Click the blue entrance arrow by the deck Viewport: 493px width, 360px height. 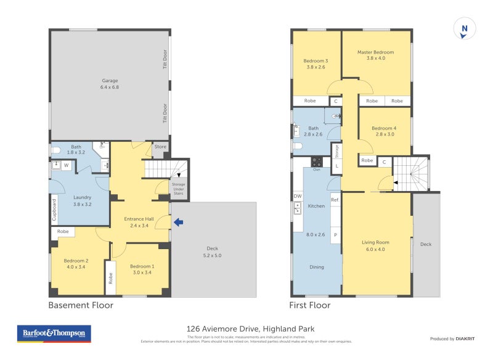click(178, 223)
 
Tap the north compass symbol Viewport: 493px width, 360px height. click(464, 29)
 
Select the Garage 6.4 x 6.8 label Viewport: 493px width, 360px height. click(110, 84)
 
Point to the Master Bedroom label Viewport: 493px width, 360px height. click(375, 55)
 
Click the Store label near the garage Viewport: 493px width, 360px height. click(160, 147)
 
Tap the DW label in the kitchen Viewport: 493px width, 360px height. click(298, 196)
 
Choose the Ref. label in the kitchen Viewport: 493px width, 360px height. click(335, 200)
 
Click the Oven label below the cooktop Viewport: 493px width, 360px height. click(317, 170)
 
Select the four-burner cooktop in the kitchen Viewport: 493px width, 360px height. click(317, 162)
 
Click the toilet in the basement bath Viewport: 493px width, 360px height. click(56, 150)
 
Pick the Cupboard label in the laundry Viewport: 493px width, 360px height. click(54, 210)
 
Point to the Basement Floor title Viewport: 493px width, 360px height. click(81, 305)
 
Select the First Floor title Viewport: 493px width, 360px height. click(310, 305)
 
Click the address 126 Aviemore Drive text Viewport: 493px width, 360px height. click(250, 329)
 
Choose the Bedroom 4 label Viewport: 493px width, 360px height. click(384, 131)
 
